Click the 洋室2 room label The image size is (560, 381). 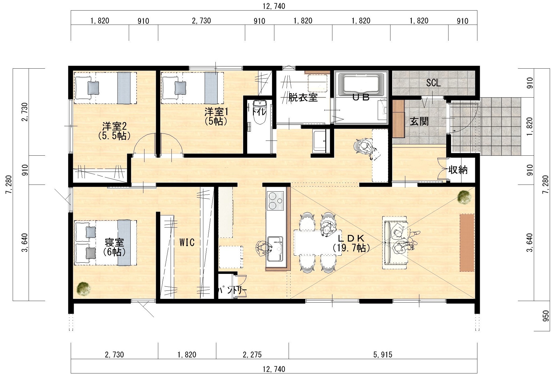coord(114,126)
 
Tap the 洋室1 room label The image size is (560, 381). coord(216,112)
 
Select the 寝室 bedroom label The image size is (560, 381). coord(114,243)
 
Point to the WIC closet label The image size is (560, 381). coord(187,242)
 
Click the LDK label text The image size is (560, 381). coord(351,238)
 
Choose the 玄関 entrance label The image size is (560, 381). coord(419,122)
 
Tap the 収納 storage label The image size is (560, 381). coord(458,170)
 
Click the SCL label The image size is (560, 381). coord(433,83)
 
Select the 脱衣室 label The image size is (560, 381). coord(303,97)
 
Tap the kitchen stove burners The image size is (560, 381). coord(275,201)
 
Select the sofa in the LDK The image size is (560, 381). coord(394,242)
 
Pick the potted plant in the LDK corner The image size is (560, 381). coord(465,197)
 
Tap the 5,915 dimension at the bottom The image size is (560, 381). coord(383,355)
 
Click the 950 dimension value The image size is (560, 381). coord(545,316)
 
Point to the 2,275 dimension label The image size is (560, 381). coord(252,355)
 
